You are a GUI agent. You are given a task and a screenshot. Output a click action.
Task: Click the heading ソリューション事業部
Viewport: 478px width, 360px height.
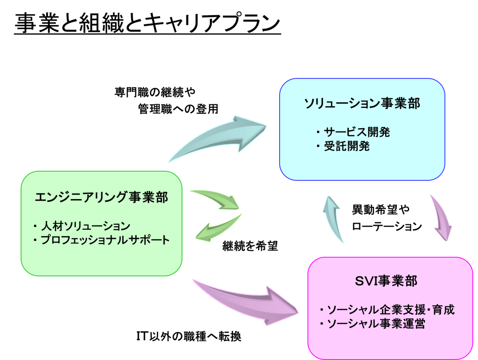click(362, 104)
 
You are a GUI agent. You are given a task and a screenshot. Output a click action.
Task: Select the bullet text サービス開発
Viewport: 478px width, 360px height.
click(357, 132)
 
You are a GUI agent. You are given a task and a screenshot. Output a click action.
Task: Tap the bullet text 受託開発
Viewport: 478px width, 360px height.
click(347, 146)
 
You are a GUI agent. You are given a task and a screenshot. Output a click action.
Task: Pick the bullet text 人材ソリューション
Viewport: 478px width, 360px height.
click(86, 226)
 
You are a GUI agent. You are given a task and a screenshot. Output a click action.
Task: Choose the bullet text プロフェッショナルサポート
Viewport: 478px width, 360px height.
click(105, 240)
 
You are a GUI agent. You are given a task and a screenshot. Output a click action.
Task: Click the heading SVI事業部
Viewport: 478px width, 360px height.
click(386, 281)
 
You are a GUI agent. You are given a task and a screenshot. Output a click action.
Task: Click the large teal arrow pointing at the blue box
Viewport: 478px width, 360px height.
click(222, 136)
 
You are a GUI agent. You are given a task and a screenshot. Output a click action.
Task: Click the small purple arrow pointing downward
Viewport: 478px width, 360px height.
click(441, 217)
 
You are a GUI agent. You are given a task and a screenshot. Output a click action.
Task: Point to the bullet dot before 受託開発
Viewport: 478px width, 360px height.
click(318, 146)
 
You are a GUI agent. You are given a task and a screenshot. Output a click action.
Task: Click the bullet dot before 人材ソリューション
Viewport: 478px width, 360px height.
click(35, 226)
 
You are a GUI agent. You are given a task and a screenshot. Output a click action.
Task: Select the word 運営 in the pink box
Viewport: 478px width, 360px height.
click(415, 324)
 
